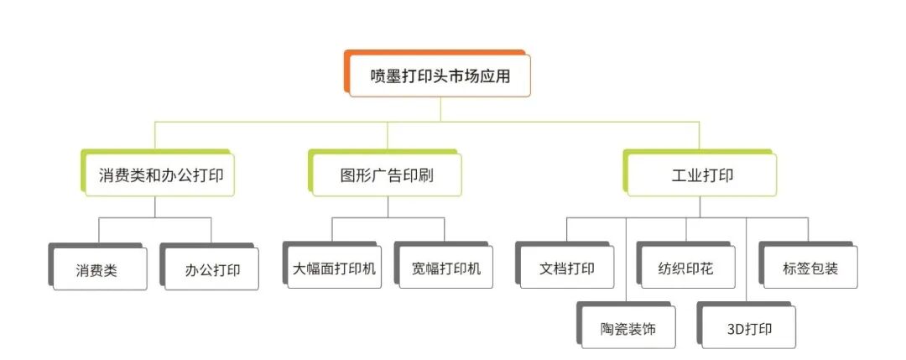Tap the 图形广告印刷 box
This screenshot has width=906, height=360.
[387, 175]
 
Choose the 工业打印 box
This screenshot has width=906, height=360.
[701, 175]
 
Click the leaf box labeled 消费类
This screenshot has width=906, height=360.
[99, 269]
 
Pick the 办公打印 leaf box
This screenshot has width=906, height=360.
[211, 269]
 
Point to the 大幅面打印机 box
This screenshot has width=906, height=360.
[334, 269]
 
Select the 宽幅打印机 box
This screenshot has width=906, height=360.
[445, 269]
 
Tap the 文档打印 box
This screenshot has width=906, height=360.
[567, 269]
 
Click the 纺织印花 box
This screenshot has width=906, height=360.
[686, 269]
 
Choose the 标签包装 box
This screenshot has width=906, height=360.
[809, 269]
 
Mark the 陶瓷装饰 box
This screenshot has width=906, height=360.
[627, 328]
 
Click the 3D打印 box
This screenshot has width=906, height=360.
[748, 328]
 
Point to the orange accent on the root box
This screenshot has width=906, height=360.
[346, 71]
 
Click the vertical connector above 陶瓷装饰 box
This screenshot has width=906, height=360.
[627, 260]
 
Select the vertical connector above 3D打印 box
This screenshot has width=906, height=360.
[747, 260]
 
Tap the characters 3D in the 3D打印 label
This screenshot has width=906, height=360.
[736, 328]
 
